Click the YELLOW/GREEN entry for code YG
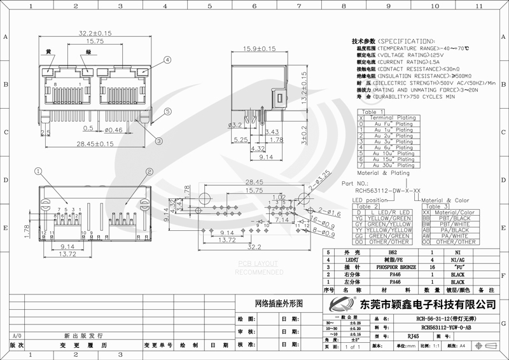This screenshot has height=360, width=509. (x=391, y=218)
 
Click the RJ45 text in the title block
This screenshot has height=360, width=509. (x=413, y=336)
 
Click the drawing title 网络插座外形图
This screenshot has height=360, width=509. (x=276, y=304)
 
